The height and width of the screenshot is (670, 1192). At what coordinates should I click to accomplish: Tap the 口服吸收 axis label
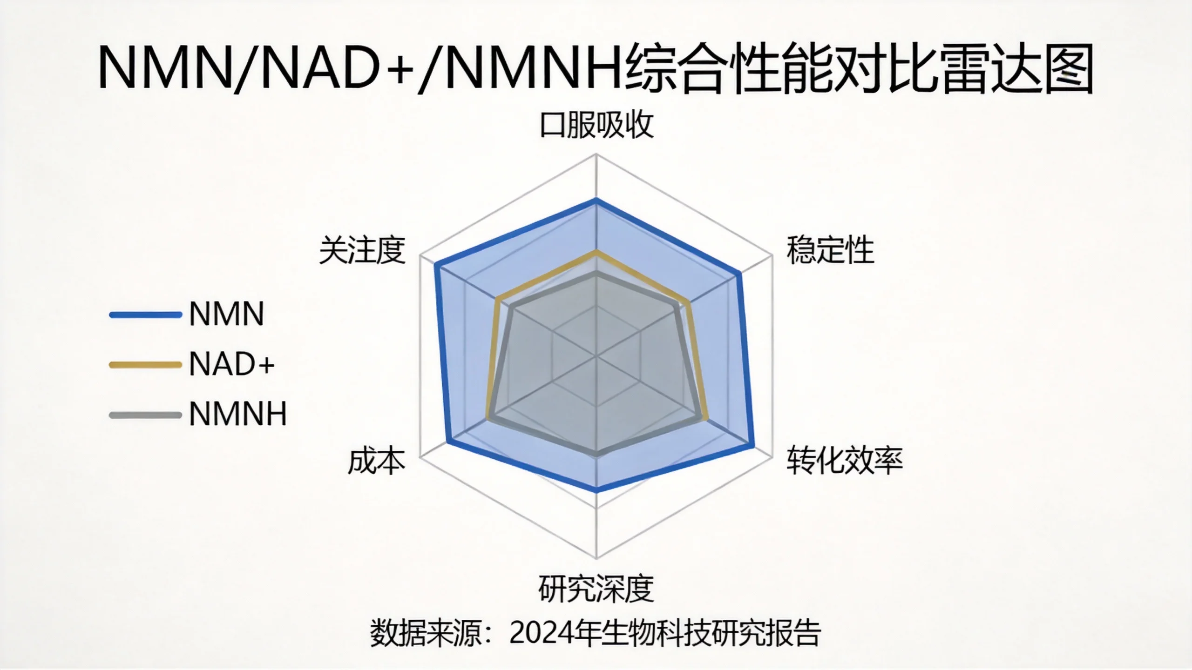[x=597, y=125]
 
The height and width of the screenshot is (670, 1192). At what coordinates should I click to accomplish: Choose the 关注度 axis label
[x=362, y=250]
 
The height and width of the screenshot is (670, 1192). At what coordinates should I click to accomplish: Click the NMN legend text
[x=227, y=314]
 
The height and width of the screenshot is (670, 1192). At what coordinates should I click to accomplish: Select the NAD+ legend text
[x=232, y=364]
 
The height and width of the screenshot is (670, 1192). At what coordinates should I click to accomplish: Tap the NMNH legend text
[x=238, y=414]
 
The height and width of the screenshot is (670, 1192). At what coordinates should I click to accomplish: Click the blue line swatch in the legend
[x=145, y=315]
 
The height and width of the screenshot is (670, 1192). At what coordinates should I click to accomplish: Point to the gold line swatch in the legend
[x=145, y=365]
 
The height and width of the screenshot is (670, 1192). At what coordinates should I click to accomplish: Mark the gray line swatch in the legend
[x=145, y=415]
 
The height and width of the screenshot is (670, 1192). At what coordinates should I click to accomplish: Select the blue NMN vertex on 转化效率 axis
[x=752, y=447]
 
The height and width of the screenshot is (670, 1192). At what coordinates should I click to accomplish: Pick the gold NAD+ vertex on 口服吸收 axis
[x=596, y=252]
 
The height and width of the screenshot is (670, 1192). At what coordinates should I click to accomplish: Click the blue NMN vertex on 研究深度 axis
[x=596, y=489]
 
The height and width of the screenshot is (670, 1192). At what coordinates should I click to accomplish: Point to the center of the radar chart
[x=596, y=357]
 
